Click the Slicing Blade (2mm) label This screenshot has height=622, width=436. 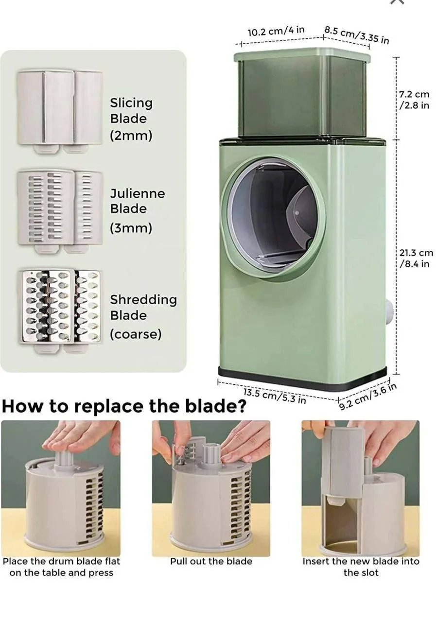pos(131,120)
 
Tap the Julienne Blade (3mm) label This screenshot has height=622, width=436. pos(137,211)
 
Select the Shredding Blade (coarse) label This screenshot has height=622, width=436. pos(143,317)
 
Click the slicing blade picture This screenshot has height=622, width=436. pos(60,112)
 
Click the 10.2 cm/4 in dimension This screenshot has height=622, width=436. pos(276,31)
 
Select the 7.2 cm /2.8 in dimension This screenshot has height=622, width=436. pos(414,100)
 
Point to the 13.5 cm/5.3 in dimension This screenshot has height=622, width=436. pos(275,396)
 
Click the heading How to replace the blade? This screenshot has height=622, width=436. pos(124,407)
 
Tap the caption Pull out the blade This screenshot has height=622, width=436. pos(211,561)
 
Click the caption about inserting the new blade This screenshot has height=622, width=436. pos(361,567)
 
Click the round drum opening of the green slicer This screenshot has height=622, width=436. pos(274,217)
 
